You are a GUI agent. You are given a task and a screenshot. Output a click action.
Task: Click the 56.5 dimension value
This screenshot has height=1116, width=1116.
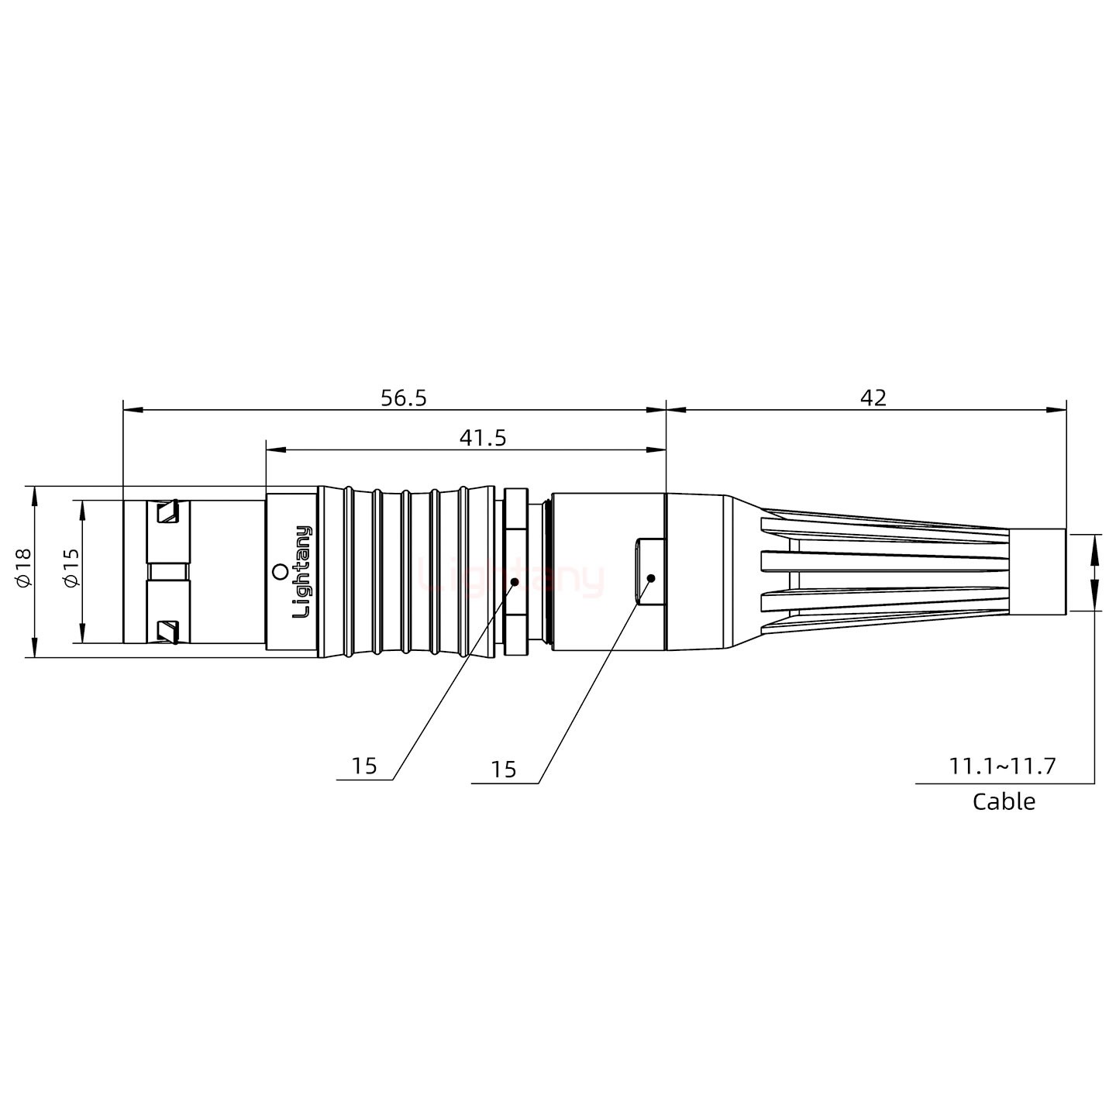click(403, 398)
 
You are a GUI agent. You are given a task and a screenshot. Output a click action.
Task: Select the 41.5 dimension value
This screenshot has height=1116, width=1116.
click(482, 438)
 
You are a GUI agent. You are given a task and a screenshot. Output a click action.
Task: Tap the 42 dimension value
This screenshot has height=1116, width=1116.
click(873, 398)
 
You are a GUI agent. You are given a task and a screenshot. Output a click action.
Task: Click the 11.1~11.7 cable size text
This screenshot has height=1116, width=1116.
click(1002, 766)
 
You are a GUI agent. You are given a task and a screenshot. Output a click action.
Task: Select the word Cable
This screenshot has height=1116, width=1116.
click(1004, 801)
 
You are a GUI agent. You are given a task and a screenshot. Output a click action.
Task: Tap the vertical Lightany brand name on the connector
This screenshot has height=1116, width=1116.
click(301, 571)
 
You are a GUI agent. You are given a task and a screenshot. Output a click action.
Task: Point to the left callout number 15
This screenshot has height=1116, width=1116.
click(363, 766)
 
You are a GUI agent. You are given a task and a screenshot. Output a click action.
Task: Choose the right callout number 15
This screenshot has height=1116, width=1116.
click(503, 770)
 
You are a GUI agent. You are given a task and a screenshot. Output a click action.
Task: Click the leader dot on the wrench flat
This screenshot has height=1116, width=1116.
click(651, 578)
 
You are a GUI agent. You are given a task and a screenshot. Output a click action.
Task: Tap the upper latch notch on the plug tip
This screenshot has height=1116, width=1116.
click(167, 512)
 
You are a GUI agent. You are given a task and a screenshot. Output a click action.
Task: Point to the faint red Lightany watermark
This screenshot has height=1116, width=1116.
click(511, 578)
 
